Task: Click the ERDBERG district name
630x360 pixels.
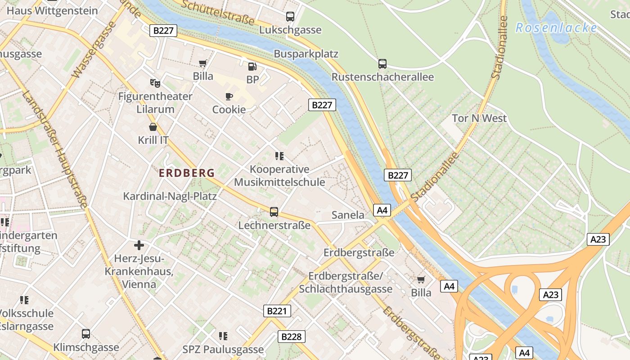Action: [x=186, y=173]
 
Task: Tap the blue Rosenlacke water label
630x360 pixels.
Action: [x=556, y=28]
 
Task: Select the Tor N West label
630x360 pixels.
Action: [x=479, y=118]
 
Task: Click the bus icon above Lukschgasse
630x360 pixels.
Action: [x=290, y=17]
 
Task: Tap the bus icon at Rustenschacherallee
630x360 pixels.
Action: [x=382, y=64]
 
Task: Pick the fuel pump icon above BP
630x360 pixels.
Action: [x=252, y=67]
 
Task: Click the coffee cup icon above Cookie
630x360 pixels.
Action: [x=229, y=96]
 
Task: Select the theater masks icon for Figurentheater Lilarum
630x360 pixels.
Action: [x=155, y=83]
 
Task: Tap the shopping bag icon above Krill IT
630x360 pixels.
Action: [x=153, y=127]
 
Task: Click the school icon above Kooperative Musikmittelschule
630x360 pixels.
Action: [x=279, y=156]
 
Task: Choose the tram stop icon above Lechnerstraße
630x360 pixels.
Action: [x=274, y=211]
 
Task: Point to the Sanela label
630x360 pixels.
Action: [x=348, y=215]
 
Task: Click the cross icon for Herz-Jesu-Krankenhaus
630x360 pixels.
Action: [x=139, y=245]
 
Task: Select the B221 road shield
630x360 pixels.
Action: [x=277, y=311]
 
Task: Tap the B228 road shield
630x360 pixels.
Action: [x=291, y=336]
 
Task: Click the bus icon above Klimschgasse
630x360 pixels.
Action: [x=86, y=334]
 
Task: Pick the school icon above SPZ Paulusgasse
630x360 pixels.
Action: [x=223, y=336]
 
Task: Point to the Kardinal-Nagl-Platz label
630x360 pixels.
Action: [x=170, y=196]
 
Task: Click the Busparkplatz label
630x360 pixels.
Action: [x=306, y=54]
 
